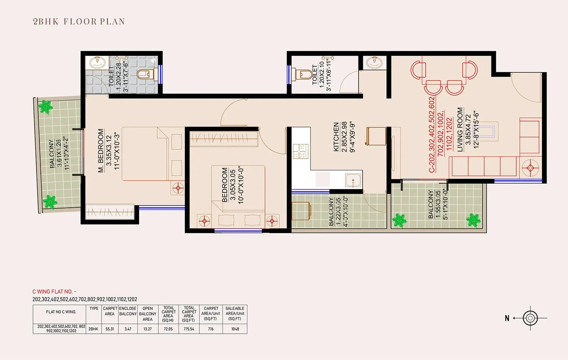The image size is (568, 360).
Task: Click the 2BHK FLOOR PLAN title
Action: tap(79, 21)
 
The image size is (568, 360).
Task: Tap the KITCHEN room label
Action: tap(336, 137)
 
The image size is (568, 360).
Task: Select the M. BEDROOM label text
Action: tap(101, 151)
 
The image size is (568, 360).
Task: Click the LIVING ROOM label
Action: tap(460, 130)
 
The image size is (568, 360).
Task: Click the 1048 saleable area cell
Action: tap(235, 329)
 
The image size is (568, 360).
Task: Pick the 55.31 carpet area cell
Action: tap(110, 329)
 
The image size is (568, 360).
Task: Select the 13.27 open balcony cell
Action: tap(147, 329)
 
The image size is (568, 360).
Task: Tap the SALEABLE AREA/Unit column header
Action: tap(235, 313)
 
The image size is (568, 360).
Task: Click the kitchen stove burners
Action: tap(300, 151)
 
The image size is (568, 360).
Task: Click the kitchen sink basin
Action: tap(353, 180)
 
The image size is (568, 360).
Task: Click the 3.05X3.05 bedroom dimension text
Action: tap(233, 185)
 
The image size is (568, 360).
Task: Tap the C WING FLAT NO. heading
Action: tap(54, 291)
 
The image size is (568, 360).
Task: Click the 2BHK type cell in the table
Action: tap(93, 329)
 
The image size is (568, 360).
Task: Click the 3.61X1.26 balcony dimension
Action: tap(59, 153)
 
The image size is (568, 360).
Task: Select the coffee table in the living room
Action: tap(493, 130)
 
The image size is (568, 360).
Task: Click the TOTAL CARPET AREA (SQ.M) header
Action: tap(168, 314)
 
